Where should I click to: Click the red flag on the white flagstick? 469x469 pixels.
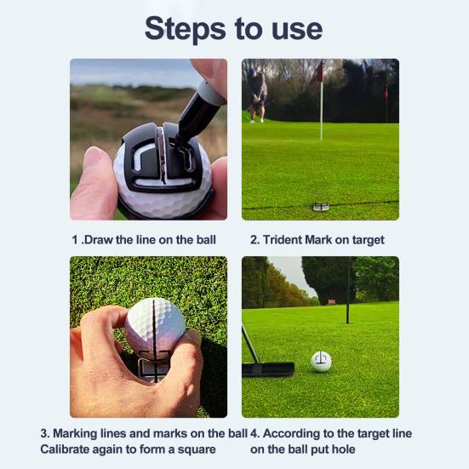tap(317, 74)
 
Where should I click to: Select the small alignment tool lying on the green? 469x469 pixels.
tap(321, 206)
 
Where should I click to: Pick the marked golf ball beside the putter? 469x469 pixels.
tap(321, 361)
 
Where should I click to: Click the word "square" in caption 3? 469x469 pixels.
tap(196, 449)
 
